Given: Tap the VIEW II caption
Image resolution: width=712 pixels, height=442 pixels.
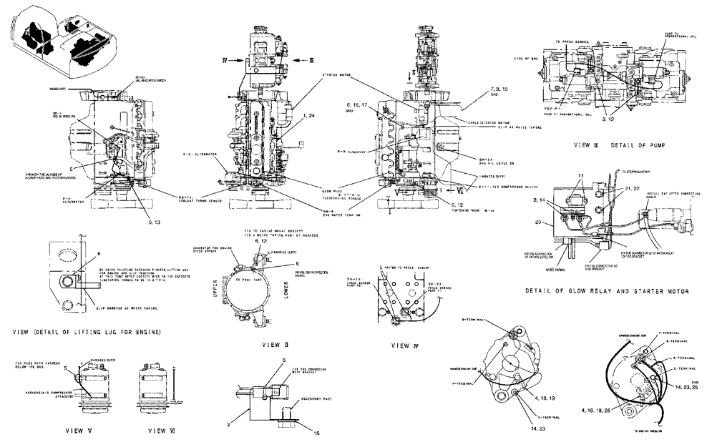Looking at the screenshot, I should (270, 344).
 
